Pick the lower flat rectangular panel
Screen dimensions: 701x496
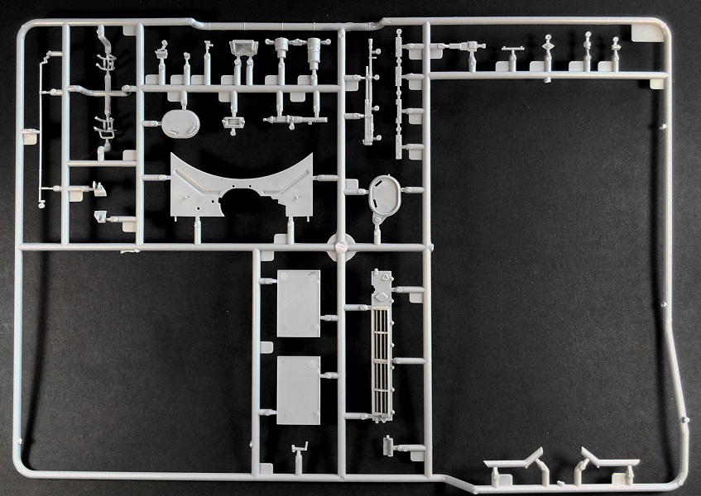point(298,389)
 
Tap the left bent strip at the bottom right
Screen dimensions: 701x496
point(514,462)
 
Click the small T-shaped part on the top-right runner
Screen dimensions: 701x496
point(512,53)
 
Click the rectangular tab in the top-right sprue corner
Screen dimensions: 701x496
point(643,31)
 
